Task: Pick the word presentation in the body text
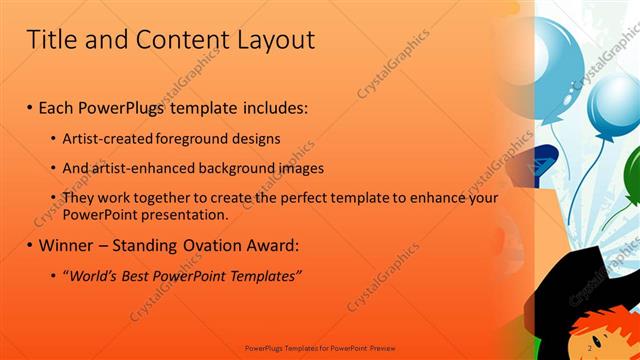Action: pyautogui.click(x=185, y=214)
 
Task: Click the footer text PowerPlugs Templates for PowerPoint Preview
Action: pyautogui.click(x=319, y=350)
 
